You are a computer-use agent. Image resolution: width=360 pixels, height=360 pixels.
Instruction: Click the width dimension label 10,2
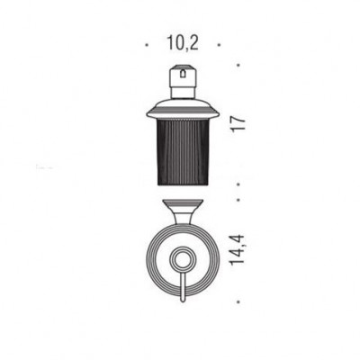183,43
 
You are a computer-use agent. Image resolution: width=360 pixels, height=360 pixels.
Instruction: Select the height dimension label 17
239,123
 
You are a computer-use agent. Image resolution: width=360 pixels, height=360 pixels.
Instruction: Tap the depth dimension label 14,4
238,250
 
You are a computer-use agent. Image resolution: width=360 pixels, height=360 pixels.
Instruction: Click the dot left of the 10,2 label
147,45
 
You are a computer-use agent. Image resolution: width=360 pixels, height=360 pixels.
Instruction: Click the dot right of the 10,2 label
220,45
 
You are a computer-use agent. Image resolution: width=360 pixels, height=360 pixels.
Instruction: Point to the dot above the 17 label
238,65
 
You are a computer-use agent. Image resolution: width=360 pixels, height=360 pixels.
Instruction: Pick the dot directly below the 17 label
238,184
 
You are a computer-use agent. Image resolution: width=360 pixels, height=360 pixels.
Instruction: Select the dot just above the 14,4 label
238,199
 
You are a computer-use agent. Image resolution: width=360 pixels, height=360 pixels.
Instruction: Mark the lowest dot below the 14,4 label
238,302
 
